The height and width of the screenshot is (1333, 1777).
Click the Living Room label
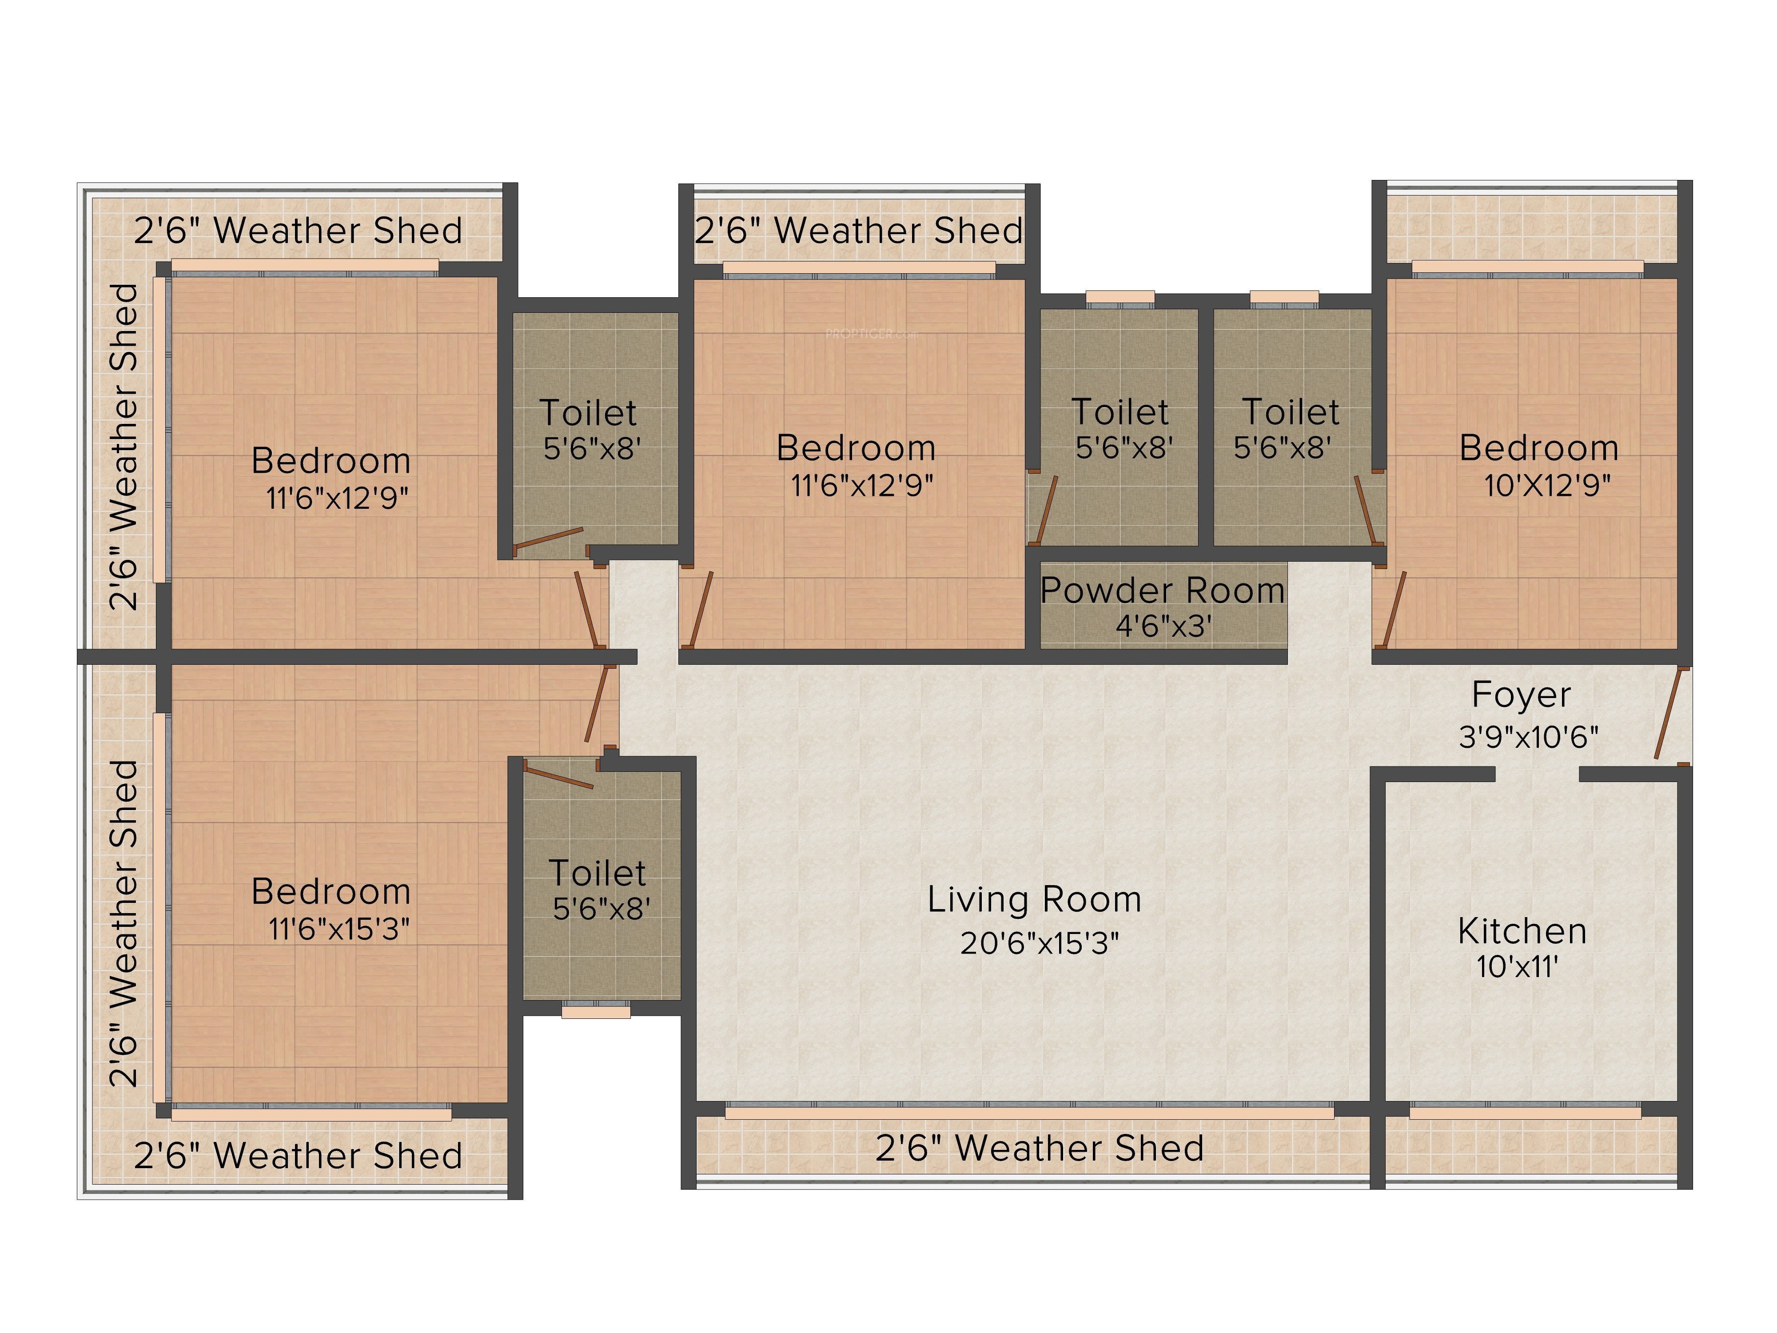click(1034, 899)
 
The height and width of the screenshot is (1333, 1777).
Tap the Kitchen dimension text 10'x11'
click(1518, 966)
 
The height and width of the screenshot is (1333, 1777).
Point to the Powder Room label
click(1163, 591)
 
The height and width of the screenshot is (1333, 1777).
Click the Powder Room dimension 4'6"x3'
click(1163, 626)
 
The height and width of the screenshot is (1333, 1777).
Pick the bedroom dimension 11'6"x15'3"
click(338, 930)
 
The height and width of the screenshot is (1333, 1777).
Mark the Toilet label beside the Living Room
click(597, 874)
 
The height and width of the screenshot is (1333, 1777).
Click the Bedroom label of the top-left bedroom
click(331, 461)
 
